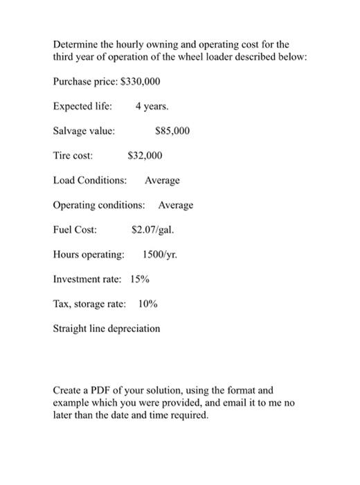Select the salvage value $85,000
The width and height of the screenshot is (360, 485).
click(173, 131)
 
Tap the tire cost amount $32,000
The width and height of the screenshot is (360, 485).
click(145, 156)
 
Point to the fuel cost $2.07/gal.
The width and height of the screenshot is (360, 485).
click(152, 229)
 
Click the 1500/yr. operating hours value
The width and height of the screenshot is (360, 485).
click(160, 254)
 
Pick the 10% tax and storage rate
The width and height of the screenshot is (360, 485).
click(148, 303)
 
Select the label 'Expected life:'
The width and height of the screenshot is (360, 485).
click(82, 107)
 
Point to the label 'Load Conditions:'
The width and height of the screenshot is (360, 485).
click(90, 180)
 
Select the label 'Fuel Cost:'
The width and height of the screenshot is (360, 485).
click(75, 229)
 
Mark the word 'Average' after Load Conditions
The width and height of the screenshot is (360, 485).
click(162, 180)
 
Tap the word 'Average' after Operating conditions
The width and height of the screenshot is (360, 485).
click(176, 205)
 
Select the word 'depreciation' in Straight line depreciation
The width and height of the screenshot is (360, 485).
click(133, 328)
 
